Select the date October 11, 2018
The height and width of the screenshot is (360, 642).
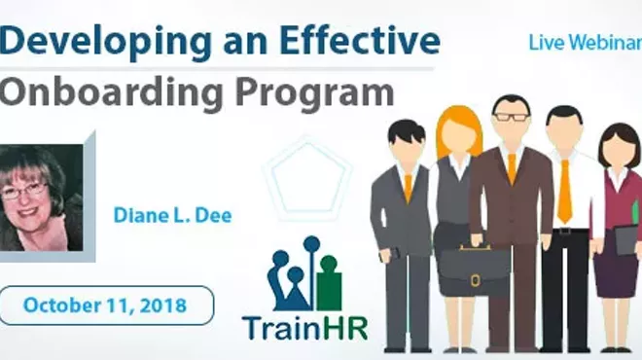105,305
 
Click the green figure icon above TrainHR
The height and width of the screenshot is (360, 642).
330,276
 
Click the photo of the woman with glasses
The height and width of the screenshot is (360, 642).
41,199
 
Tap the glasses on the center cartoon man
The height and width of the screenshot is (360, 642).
510,117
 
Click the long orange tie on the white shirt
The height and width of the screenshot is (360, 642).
564,190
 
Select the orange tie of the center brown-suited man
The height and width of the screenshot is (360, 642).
512,167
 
